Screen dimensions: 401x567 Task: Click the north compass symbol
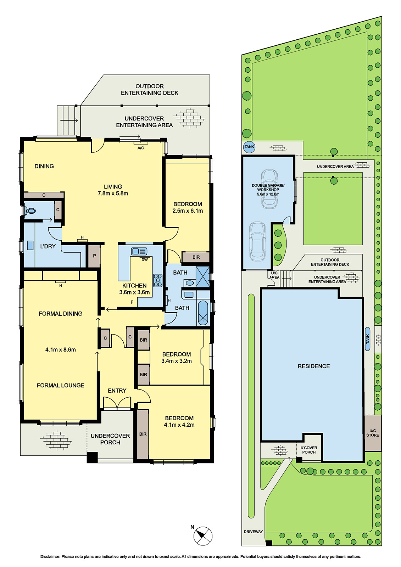203,536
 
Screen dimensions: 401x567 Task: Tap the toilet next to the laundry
30,210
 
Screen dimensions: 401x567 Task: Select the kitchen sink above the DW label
139,251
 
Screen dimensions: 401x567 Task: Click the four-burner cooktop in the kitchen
157,280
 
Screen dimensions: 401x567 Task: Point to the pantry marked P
94,256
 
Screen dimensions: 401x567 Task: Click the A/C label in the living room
141,148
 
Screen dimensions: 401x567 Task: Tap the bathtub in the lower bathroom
203,313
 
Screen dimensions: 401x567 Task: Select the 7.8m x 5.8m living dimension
113,193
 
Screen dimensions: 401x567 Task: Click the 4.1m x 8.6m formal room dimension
61,349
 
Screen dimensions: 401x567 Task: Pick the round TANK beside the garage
249,147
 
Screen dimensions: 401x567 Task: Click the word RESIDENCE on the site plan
314,366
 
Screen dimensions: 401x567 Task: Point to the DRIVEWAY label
253,532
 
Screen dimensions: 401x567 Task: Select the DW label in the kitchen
144,259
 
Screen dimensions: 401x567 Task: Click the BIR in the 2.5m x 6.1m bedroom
196,257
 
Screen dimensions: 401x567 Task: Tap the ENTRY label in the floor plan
117,391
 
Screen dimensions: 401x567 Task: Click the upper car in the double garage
269,189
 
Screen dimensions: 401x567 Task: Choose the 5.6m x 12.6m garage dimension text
268,194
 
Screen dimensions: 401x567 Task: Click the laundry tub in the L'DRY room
30,245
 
